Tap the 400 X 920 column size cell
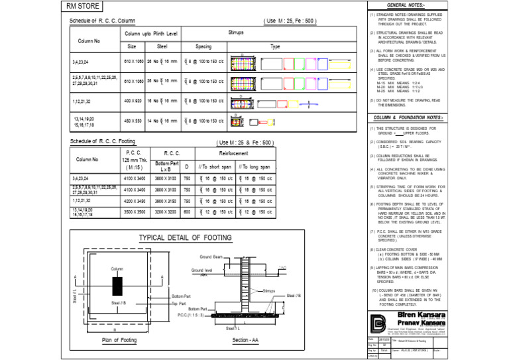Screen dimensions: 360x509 click(132, 101)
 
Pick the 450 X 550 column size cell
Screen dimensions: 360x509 click(132, 121)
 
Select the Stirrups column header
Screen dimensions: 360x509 click(236, 32)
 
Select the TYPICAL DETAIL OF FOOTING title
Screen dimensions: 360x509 click(185, 239)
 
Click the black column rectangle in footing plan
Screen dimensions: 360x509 click(117, 287)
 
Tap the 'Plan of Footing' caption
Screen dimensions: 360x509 click(119, 340)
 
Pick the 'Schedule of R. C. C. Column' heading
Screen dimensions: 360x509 click(102, 21)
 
